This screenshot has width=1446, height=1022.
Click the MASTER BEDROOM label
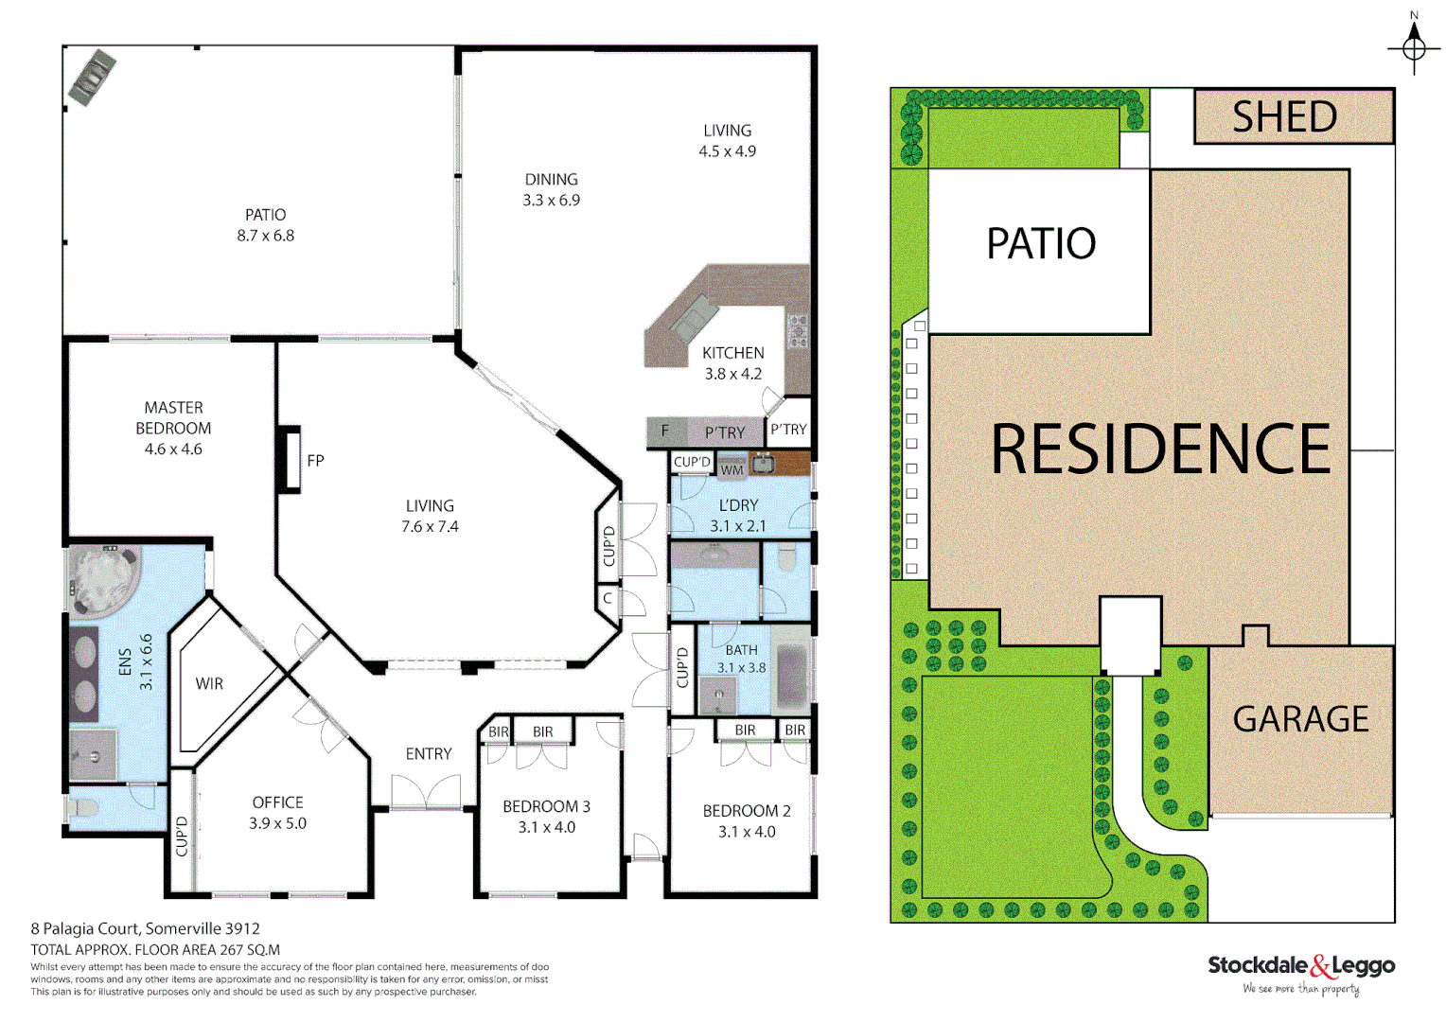[173, 428]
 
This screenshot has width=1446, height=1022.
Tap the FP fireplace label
[315, 461]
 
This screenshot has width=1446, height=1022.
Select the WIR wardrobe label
[209, 683]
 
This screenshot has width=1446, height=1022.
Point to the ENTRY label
[429, 754]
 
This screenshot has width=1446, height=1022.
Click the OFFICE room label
[277, 802]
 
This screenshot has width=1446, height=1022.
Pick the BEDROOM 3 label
[546, 806]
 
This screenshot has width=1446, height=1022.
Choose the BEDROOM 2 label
[747, 811]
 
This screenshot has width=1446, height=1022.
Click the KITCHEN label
[732, 353]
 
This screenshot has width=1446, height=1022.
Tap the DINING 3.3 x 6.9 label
[551, 189]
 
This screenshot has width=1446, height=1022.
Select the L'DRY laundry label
[738, 505]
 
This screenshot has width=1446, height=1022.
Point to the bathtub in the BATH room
[790, 677]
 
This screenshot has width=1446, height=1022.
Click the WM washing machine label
[732, 469]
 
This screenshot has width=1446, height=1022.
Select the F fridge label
[664, 432]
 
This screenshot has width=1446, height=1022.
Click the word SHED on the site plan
[1284, 116]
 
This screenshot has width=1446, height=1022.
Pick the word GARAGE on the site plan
[1300, 719]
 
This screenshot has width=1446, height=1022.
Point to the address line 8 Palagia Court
[145, 928]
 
